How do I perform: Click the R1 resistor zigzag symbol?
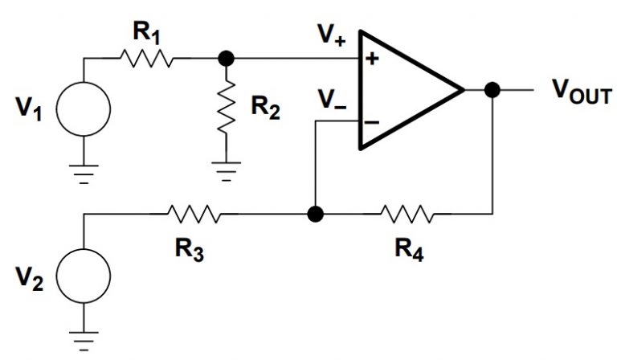(146, 59)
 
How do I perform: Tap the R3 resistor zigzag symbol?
(194, 215)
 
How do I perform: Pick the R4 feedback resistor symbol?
(407, 215)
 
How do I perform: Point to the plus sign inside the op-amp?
(372, 59)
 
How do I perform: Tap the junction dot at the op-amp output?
(492, 90)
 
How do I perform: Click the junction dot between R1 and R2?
(227, 59)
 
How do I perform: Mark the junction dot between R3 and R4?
(316, 215)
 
